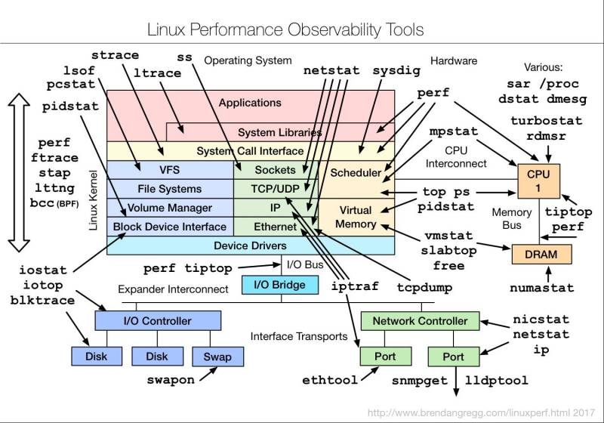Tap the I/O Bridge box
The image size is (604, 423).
(x=274, y=285)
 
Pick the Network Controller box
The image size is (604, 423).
(x=420, y=320)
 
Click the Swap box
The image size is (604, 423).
(x=212, y=357)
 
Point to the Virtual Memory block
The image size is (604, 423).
(x=356, y=217)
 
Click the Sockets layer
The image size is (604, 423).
(x=276, y=170)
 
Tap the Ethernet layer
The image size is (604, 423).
(x=276, y=226)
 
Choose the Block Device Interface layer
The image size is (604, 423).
(x=169, y=226)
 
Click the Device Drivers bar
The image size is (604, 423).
(x=250, y=245)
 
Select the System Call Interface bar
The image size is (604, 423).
(x=250, y=151)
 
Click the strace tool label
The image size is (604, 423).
(x=115, y=55)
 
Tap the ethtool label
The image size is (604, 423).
(x=328, y=378)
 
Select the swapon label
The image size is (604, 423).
(x=171, y=378)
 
